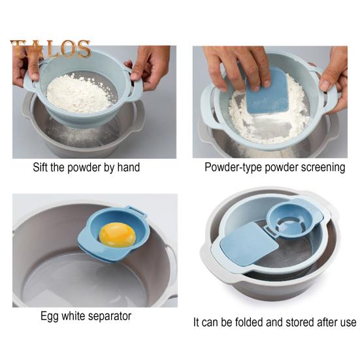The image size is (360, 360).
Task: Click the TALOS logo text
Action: click(x=50, y=49)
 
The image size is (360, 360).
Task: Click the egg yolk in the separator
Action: click(x=118, y=234)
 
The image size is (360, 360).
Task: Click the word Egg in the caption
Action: click(x=50, y=316)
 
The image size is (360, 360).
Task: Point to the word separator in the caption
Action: click(x=108, y=316)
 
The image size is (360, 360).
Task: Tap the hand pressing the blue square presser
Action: click(x=242, y=65)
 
